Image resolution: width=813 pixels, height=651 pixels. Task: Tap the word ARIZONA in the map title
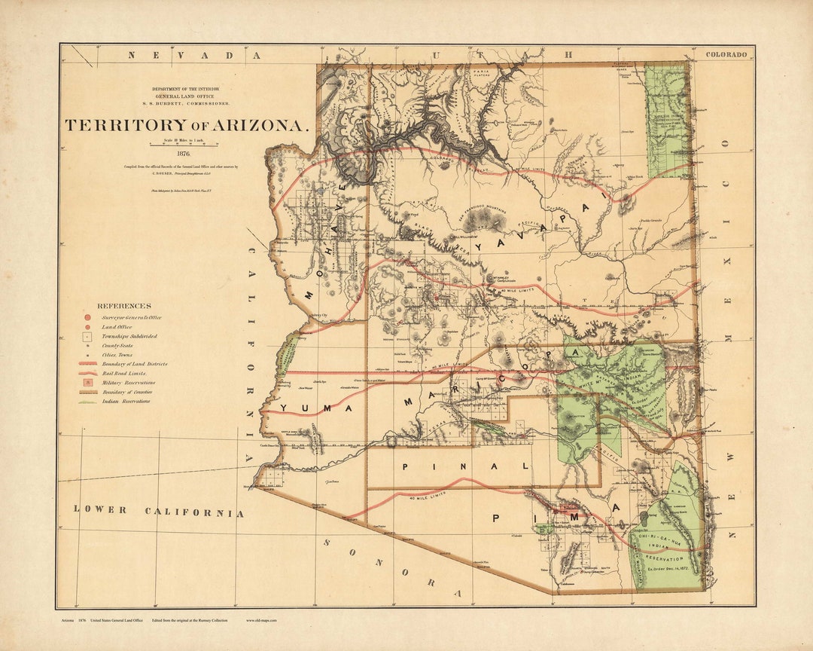pos(260,126)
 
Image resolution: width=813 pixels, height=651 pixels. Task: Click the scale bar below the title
pos(183,144)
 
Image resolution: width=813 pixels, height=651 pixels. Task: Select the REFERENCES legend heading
pos(124,306)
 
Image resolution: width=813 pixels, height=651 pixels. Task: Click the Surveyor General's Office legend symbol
pos(88,318)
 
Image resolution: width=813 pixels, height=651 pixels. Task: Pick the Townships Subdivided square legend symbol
pos(88,336)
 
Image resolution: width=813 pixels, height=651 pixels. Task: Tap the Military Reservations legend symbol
pos(88,382)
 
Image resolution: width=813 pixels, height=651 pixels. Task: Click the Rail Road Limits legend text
pos(125,373)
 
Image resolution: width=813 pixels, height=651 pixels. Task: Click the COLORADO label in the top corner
pos(726,54)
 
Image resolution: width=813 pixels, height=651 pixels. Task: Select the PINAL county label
pos(466,466)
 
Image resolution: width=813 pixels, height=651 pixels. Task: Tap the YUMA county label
pos(317,408)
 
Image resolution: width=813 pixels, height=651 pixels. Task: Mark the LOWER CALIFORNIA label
pos(159,511)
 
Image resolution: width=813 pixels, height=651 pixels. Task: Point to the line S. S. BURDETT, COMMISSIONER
pos(192,102)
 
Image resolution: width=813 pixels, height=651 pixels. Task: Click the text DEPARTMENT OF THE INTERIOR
pos(192,88)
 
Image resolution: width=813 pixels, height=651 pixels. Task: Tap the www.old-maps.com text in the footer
pos(261,620)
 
